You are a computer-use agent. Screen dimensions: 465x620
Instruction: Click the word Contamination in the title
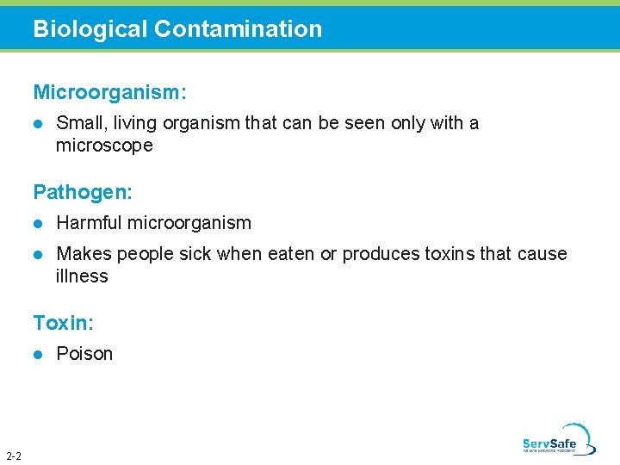click(238, 29)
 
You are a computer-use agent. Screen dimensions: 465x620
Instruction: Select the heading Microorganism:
click(110, 90)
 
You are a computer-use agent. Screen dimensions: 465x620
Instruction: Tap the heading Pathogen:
click(83, 190)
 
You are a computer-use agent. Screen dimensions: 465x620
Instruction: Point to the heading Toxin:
click(64, 323)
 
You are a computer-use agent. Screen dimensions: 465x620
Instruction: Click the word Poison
click(84, 354)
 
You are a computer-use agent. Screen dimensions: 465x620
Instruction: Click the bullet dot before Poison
click(38, 354)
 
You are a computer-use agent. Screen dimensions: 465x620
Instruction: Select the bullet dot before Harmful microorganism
click(38, 223)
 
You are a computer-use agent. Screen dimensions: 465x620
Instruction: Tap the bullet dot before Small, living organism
click(38, 123)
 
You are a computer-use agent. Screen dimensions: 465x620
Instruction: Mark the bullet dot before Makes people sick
click(38, 254)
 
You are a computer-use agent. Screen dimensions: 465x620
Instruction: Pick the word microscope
click(104, 146)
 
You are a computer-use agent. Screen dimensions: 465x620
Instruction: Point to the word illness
click(82, 276)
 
